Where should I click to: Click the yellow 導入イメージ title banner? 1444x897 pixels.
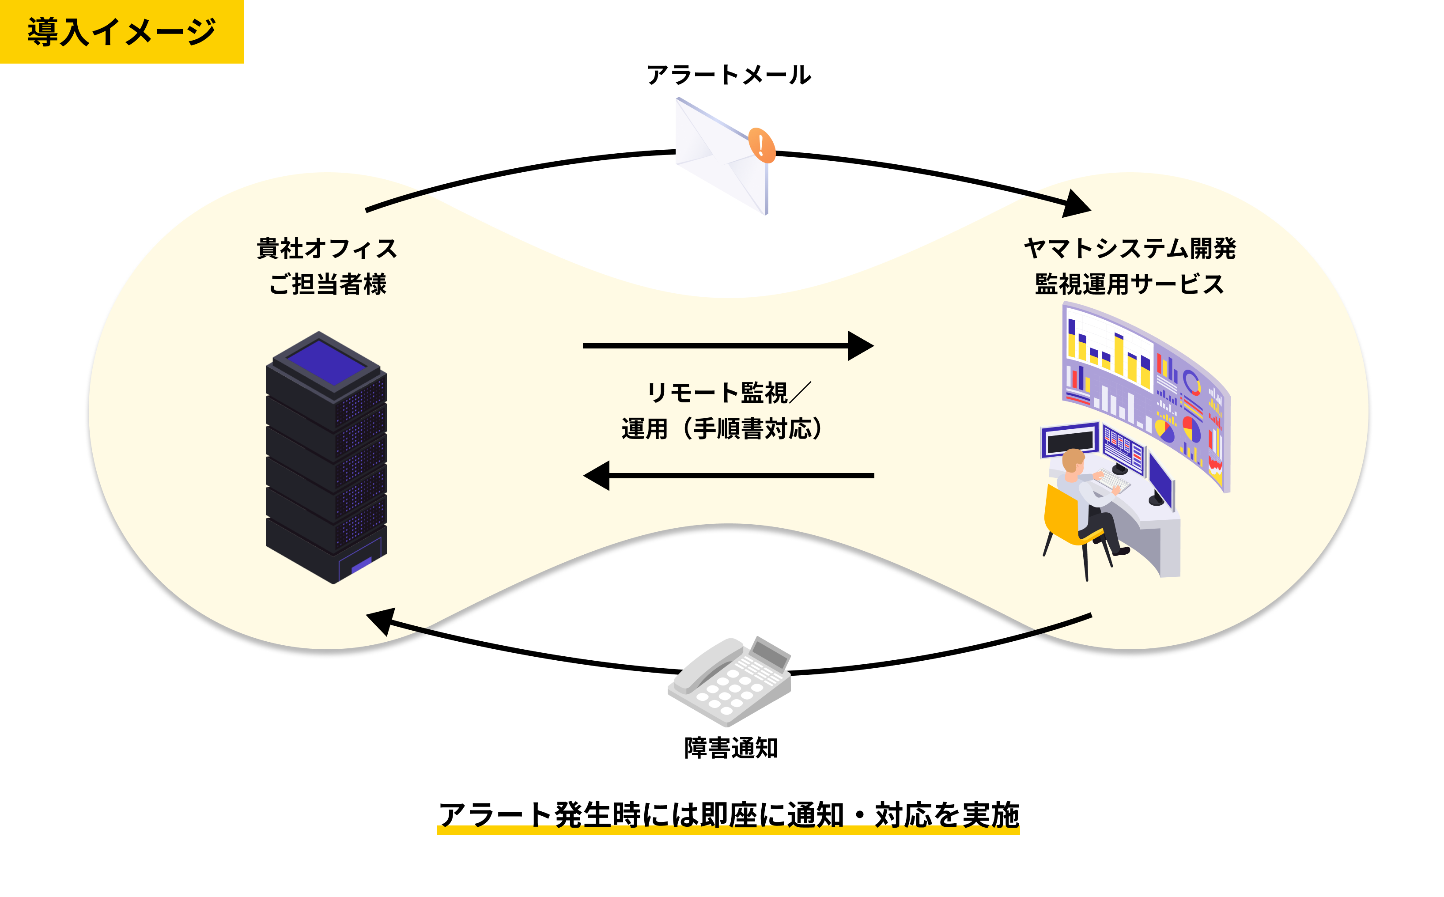(121, 31)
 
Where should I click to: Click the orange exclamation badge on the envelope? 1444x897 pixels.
(761, 145)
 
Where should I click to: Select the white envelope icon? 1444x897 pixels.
(718, 157)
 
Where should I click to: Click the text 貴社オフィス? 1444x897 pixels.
(327, 249)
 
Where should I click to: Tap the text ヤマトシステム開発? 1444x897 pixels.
(1130, 249)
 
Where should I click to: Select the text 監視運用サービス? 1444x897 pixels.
(1130, 284)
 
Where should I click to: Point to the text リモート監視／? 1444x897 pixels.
(729, 393)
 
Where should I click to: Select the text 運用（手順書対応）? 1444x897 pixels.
(722, 429)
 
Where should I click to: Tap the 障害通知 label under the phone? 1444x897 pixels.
(730, 748)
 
